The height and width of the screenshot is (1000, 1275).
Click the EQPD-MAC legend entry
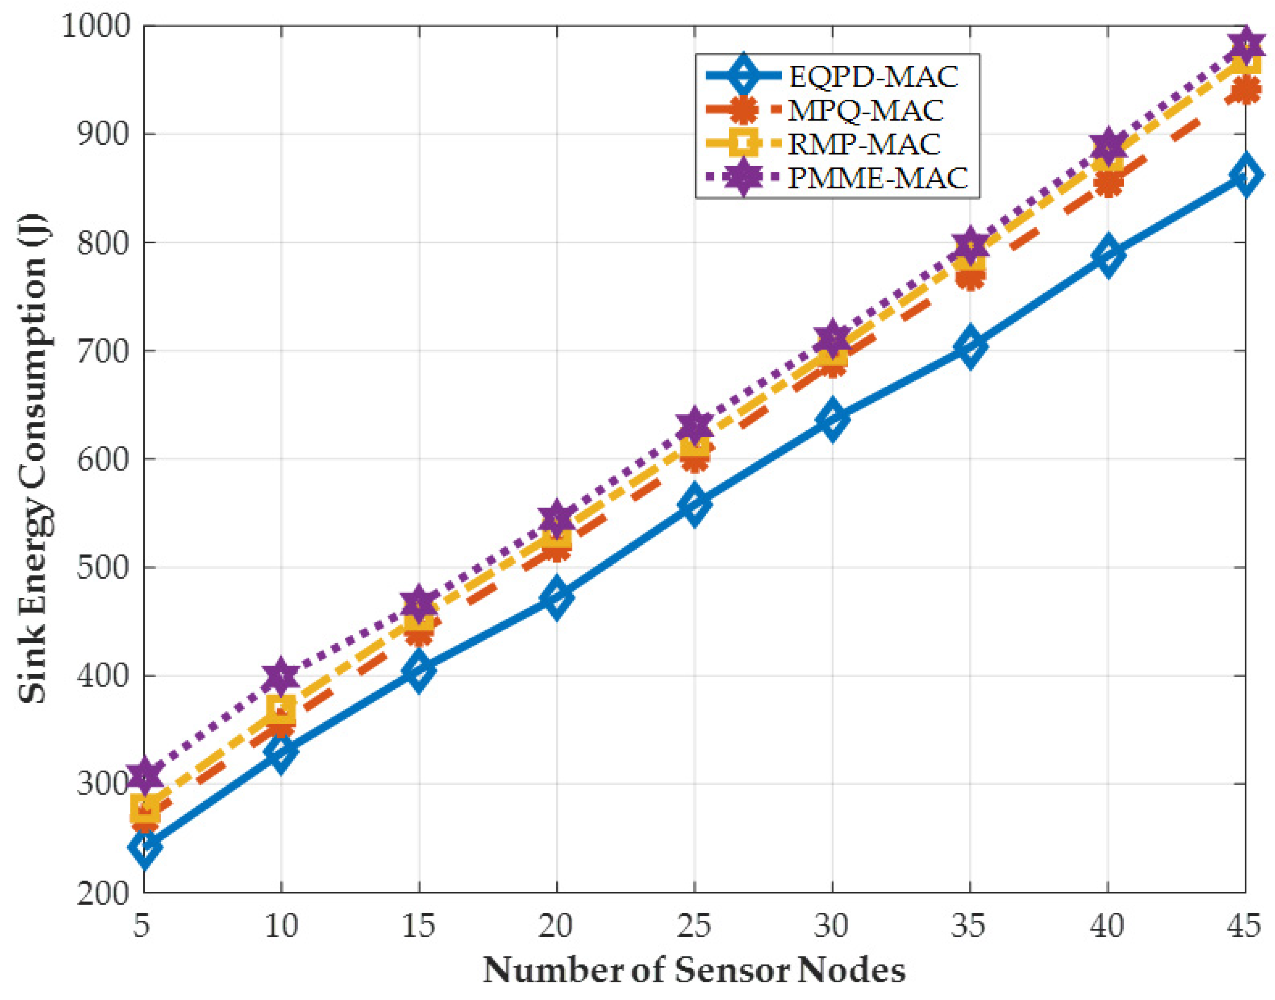(873, 76)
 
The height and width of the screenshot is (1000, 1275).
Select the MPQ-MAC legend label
(866, 110)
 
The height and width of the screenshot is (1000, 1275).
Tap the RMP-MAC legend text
(864, 144)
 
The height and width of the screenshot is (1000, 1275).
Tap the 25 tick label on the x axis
(694, 927)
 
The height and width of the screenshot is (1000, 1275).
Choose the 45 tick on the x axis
(1244, 927)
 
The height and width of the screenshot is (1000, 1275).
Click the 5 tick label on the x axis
(142, 927)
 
